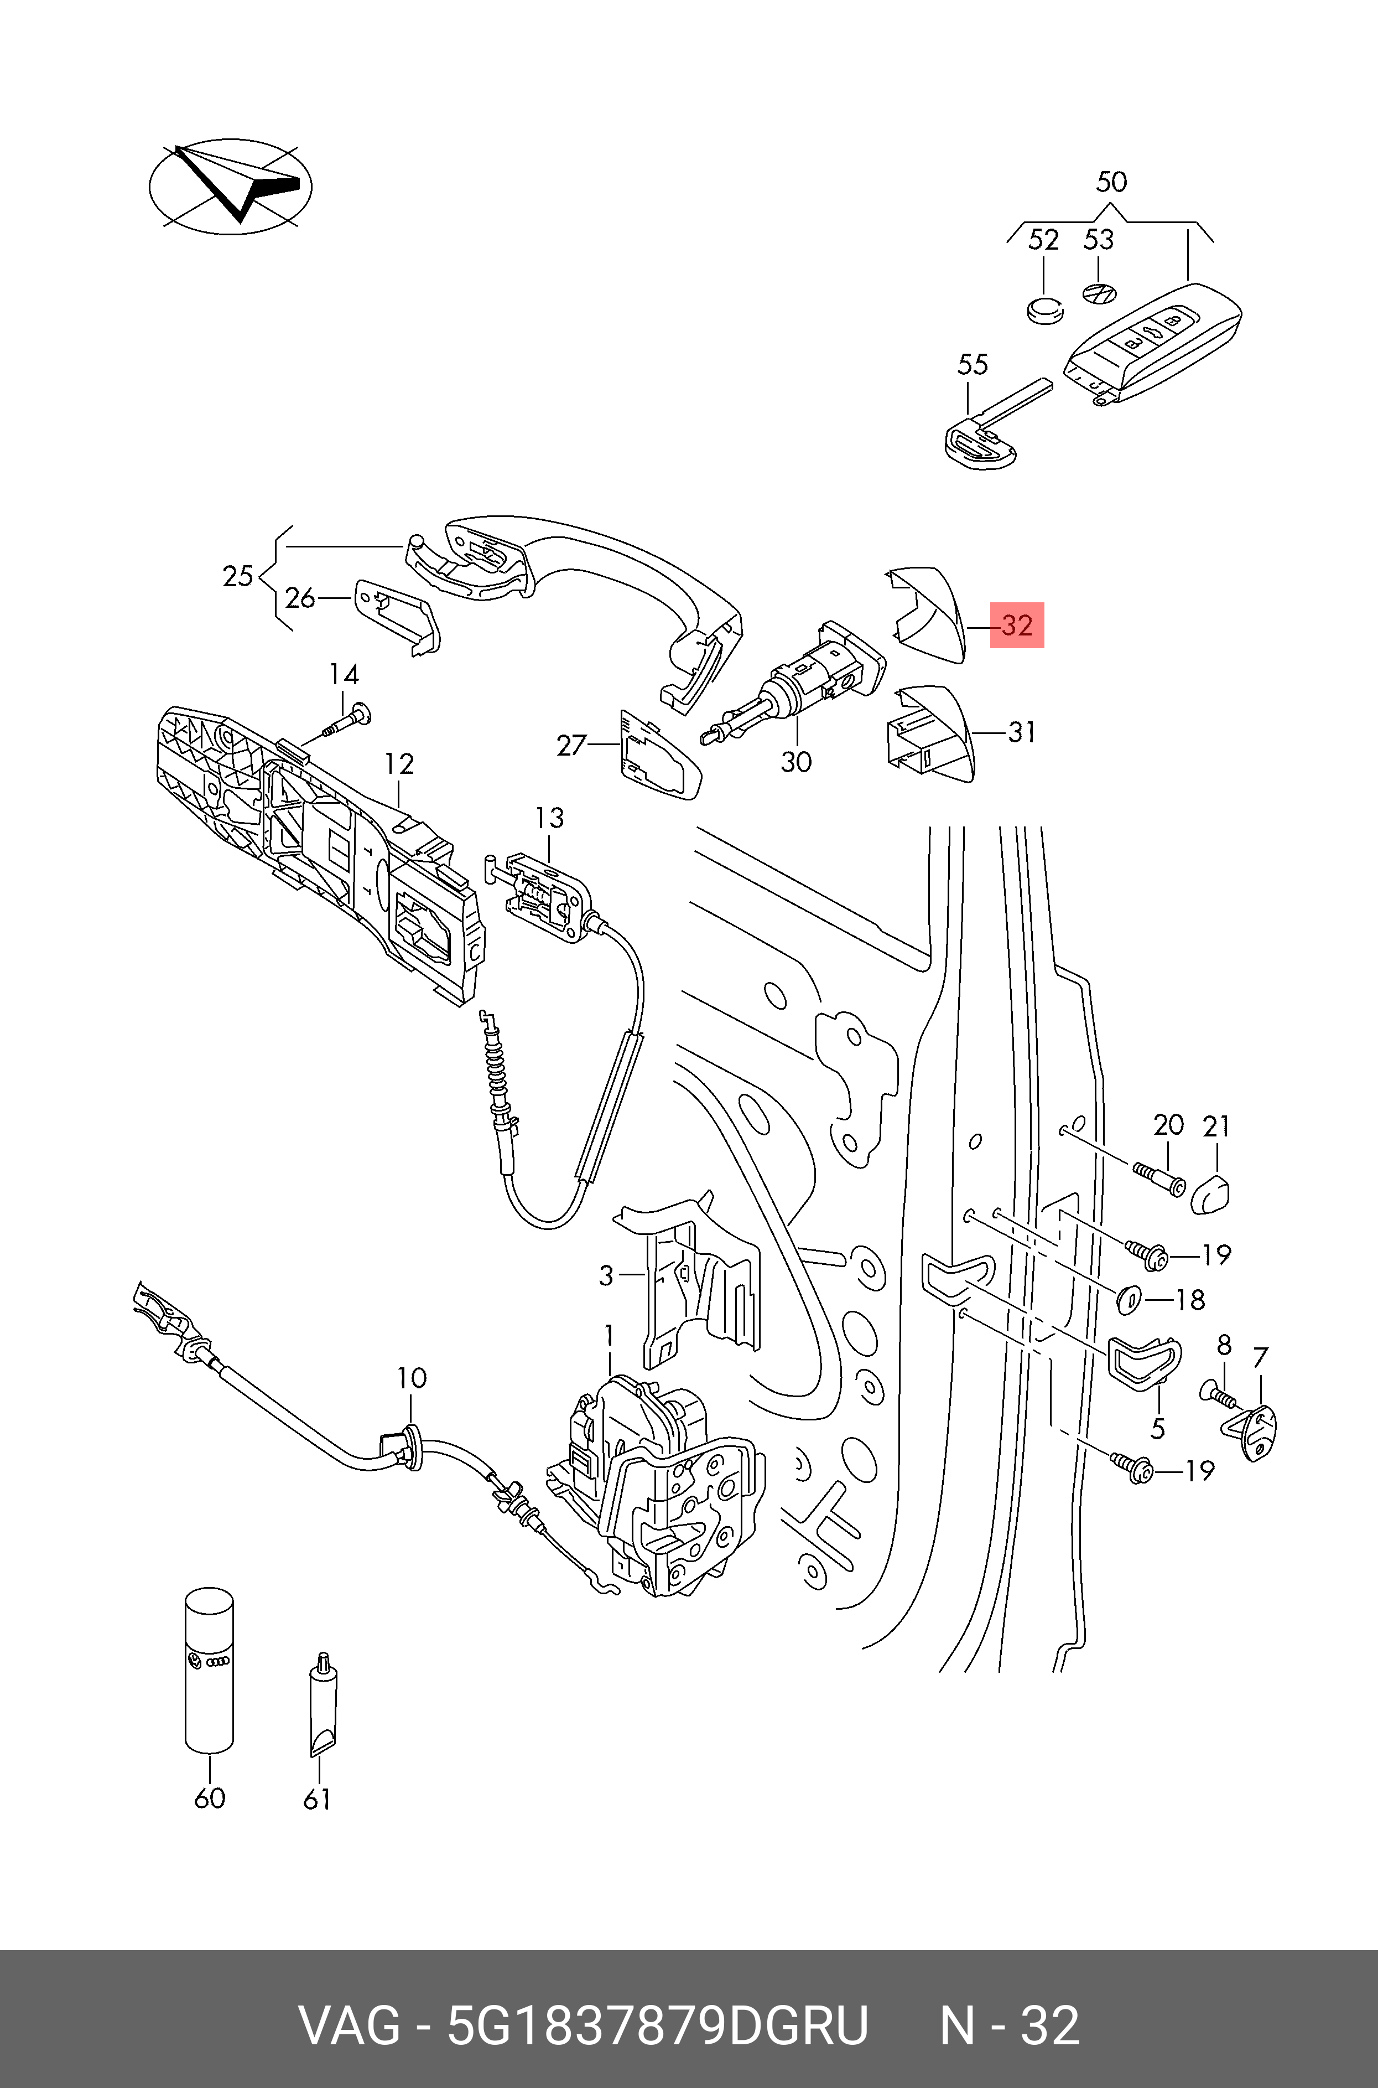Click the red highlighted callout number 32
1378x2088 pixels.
pyautogui.click(x=1017, y=625)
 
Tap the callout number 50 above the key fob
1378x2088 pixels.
pyautogui.click(x=1111, y=182)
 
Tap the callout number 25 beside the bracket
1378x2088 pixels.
pyautogui.click(x=237, y=577)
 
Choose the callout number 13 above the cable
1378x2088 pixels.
pyautogui.click(x=549, y=819)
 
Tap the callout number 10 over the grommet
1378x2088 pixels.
pyautogui.click(x=411, y=1378)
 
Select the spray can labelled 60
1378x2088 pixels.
pyautogui.click(x=209, y=1671)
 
